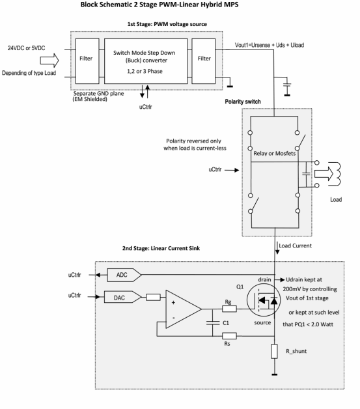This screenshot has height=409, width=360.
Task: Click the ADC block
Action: click(124, 275)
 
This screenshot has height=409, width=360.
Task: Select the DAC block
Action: click(122, 297)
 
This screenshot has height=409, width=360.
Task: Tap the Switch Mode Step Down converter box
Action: click(146, 61)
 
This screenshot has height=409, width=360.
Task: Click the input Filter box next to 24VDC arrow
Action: click(87, 61)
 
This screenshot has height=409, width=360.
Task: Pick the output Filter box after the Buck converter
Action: click(204, 61)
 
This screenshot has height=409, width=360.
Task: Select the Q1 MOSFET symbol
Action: click(264, 300)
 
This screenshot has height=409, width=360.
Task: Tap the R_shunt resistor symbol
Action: click(274, 351)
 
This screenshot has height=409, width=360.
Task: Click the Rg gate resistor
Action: click(229, 309)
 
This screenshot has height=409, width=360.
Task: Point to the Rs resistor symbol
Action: click(229, 336)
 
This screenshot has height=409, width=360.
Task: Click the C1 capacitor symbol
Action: click(213, 323)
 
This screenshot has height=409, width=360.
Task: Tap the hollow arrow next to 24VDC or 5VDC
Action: click(49, 61)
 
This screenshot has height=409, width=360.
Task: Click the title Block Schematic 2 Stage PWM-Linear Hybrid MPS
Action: click(159, 5)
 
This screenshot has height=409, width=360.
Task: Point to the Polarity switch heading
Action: click(243, 102)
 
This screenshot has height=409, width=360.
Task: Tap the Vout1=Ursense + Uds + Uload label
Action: click(270, 45)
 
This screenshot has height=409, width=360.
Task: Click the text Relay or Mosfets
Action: click(275, 154)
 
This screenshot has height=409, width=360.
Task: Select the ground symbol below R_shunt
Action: click(274, 374)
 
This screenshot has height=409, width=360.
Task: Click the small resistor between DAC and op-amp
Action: click(153, 297)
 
